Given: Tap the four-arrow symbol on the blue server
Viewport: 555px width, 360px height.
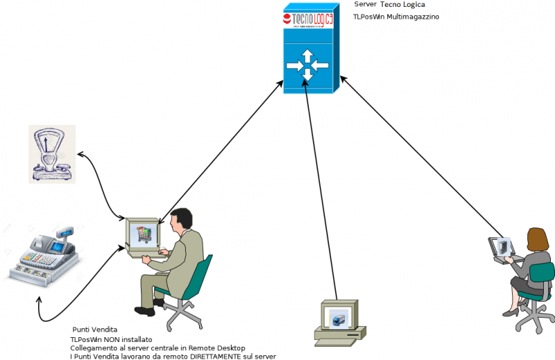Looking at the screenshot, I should (307, 67).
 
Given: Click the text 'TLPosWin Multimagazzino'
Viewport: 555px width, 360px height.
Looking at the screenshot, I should (395, 17).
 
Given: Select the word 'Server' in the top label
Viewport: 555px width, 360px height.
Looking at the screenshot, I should (364, 4).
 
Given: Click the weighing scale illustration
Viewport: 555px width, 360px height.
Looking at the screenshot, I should (51, 154).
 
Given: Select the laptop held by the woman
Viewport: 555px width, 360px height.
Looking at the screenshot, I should (501, 248).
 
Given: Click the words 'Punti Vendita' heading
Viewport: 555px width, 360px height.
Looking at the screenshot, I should (95, 329).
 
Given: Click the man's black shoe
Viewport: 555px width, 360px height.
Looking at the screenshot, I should (145, 311).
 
